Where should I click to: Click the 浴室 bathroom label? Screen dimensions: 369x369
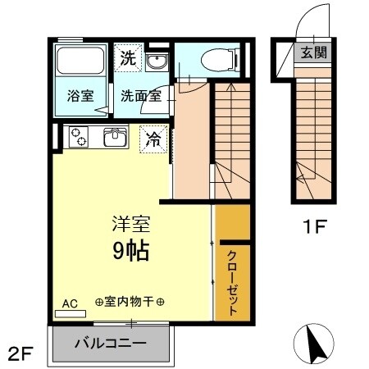[80, 95]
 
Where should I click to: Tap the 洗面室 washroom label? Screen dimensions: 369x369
[142, 95]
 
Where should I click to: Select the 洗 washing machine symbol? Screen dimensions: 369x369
[127, 57]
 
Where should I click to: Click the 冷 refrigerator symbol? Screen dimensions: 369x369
[152, 139]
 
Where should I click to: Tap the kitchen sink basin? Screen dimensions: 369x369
[114, 138]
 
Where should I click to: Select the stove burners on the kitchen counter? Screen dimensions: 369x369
[80, 137]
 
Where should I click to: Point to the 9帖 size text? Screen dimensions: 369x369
[131, 250]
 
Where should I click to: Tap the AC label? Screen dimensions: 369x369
[70, 303]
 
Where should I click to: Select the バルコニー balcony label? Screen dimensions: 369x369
[111, 342]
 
